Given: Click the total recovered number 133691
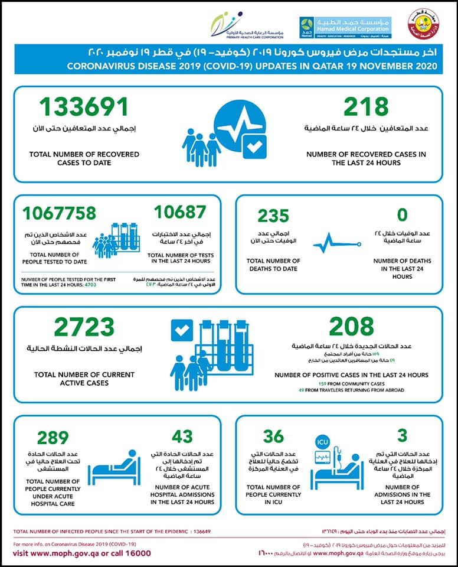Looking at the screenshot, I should point(84,107).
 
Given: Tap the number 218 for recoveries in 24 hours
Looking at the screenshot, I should point(367,107).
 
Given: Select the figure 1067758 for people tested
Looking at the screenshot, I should point(60,213).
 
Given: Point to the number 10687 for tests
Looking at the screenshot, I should point(180,212).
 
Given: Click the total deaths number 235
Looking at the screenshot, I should point(273,216).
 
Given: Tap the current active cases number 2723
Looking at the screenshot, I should point(84,327).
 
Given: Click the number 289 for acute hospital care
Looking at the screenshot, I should point(53,438).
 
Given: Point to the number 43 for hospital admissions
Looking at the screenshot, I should point(182,436).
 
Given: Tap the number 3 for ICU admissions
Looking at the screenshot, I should point(403,436).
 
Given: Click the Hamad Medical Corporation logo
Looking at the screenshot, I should point(345,28).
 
